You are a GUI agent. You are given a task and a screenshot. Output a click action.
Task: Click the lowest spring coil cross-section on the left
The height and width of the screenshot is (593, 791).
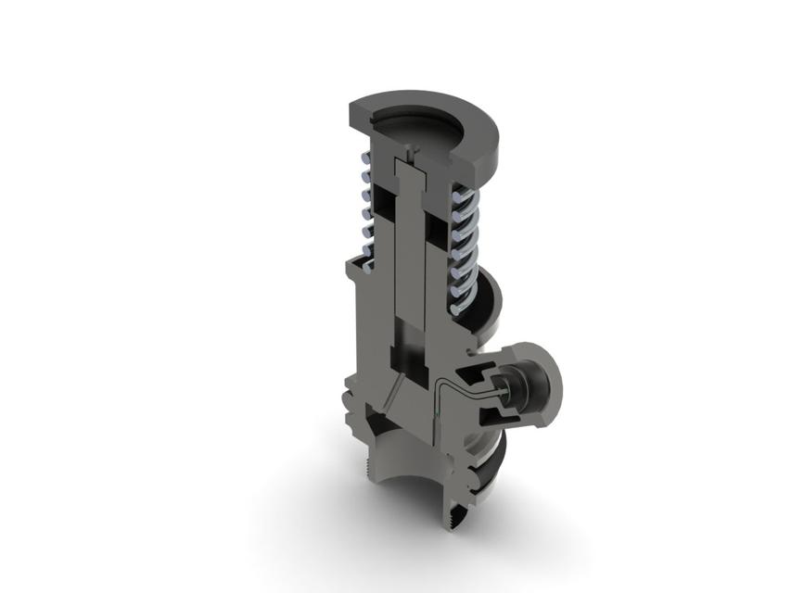(367, 264)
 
